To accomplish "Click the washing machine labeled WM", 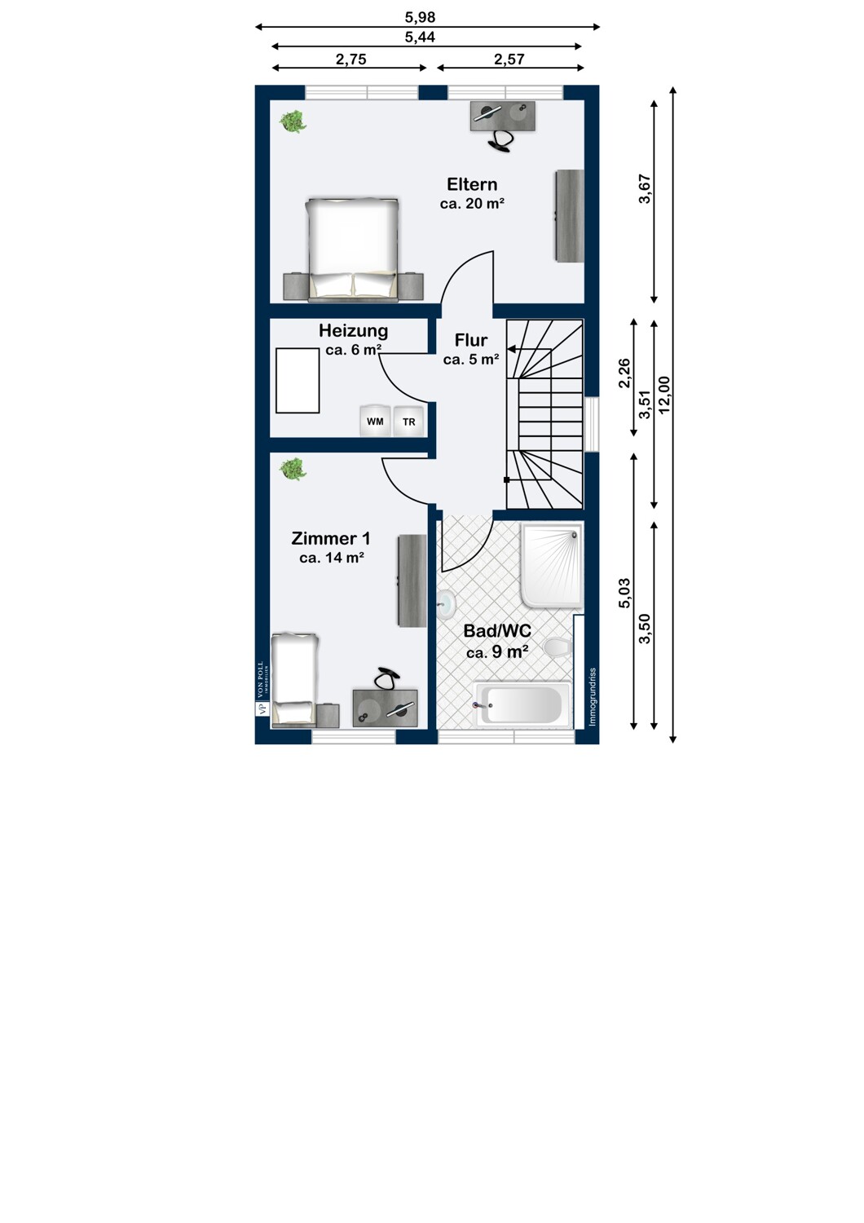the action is pos(375,421).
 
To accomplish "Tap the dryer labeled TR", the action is pos(409,421).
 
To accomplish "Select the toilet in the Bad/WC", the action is pos(558,647).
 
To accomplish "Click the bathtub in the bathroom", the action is pos(522,704).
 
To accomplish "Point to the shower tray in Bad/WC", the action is pos(553,565).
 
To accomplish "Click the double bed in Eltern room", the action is pos(353,250).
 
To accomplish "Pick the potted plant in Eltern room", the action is pos(293,121).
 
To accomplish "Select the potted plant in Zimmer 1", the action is pos(293,469).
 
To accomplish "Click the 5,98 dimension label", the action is pos(421,17).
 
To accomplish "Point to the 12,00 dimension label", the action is pos(665,395).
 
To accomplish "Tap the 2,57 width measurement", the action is pos(509,59).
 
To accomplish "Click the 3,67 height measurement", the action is pos(645,189).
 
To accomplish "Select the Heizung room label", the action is pos(354,331).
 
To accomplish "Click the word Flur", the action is pos(471,340).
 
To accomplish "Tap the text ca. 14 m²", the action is pos(332,558).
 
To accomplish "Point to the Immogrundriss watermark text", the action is pos(593,696).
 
